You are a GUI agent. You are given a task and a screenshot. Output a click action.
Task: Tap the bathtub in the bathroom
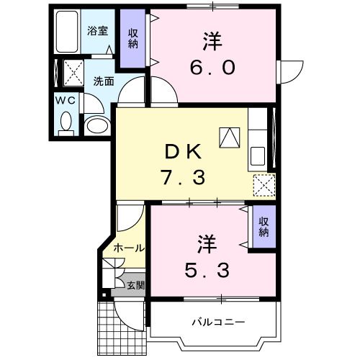coord(67,32)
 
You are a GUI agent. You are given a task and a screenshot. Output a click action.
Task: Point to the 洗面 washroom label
coord(103,81)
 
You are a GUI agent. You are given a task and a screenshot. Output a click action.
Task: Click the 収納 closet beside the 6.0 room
coord(134,38)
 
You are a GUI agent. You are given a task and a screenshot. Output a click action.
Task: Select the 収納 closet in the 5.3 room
coord(264,227)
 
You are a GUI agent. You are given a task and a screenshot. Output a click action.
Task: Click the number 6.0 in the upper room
coord(214,67)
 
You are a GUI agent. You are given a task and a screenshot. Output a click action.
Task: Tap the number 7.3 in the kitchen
coord(182,177)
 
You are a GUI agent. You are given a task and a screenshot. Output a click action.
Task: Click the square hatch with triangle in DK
coord(230,136)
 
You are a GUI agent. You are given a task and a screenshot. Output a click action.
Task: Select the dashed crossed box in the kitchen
coord(264,186)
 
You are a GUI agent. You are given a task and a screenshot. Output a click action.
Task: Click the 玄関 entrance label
coord(135,285)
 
